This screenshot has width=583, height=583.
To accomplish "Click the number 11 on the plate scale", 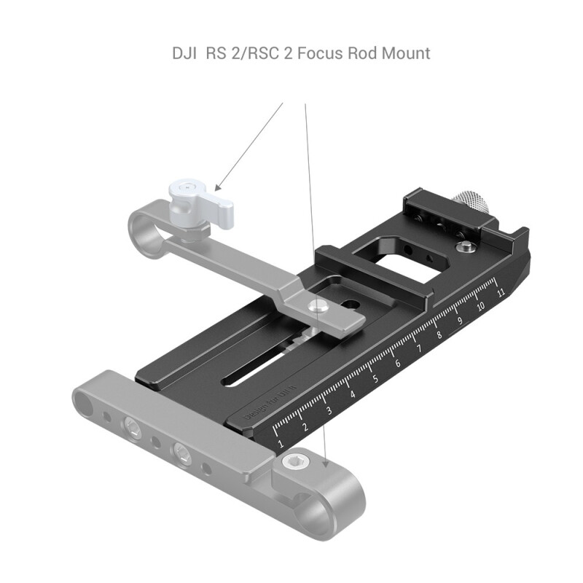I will tap(501, 293).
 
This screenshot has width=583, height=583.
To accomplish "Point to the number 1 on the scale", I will tap(281, 442).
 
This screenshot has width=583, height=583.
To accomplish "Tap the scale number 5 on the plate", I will tap(375, 378).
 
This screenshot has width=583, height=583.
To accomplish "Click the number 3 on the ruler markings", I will tap(329, 410).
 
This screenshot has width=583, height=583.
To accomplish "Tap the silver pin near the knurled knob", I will tap(463, 249).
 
